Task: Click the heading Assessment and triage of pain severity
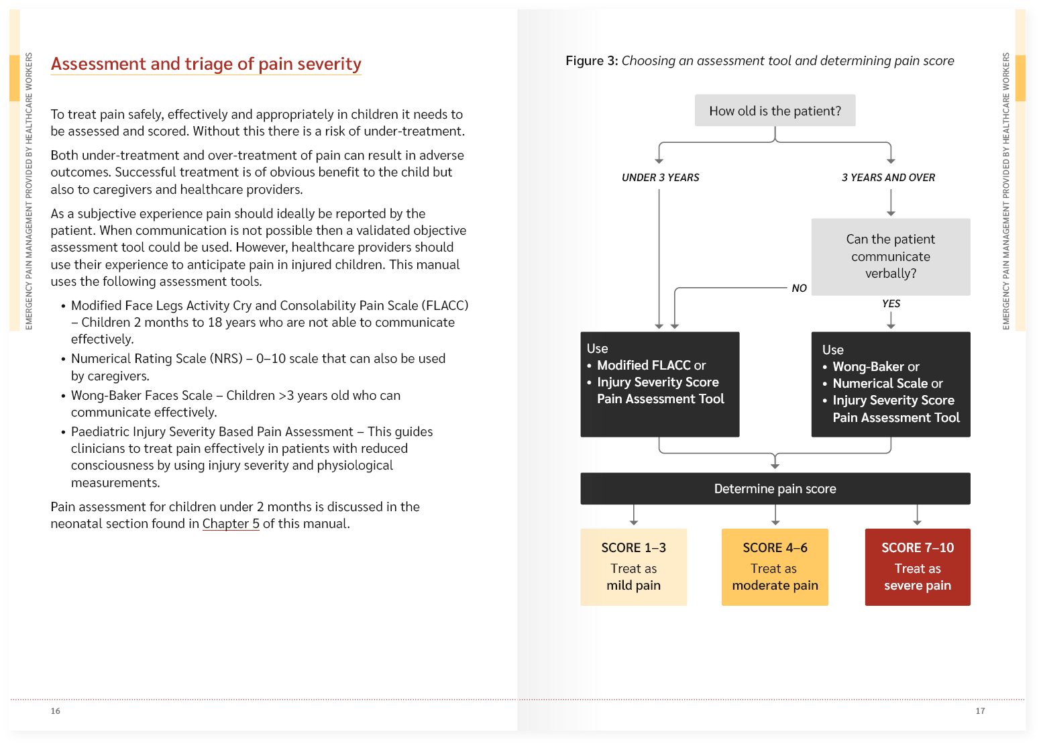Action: [x=206, y=64]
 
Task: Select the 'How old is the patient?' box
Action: [x=775, y=111]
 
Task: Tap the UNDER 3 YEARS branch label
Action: [x=660, y=178]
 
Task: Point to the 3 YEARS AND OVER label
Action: [x=888, y=178]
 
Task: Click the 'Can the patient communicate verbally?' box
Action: [x=890, y=256]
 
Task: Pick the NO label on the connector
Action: [x=799, y=288]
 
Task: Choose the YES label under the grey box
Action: [x=891, y=304]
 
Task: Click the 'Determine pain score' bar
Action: [x=775, y=489]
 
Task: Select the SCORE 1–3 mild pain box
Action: [x=633, y=567]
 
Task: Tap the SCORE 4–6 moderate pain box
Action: [x=775, y=567]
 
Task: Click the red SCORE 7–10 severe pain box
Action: [x=917, y=567]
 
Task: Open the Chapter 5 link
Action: [x=231, y=524]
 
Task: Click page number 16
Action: [x=55, y=711]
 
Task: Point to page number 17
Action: [x=980, y=711]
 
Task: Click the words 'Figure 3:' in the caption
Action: [x=592, y=61]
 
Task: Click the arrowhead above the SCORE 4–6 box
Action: [x=775, y=523]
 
